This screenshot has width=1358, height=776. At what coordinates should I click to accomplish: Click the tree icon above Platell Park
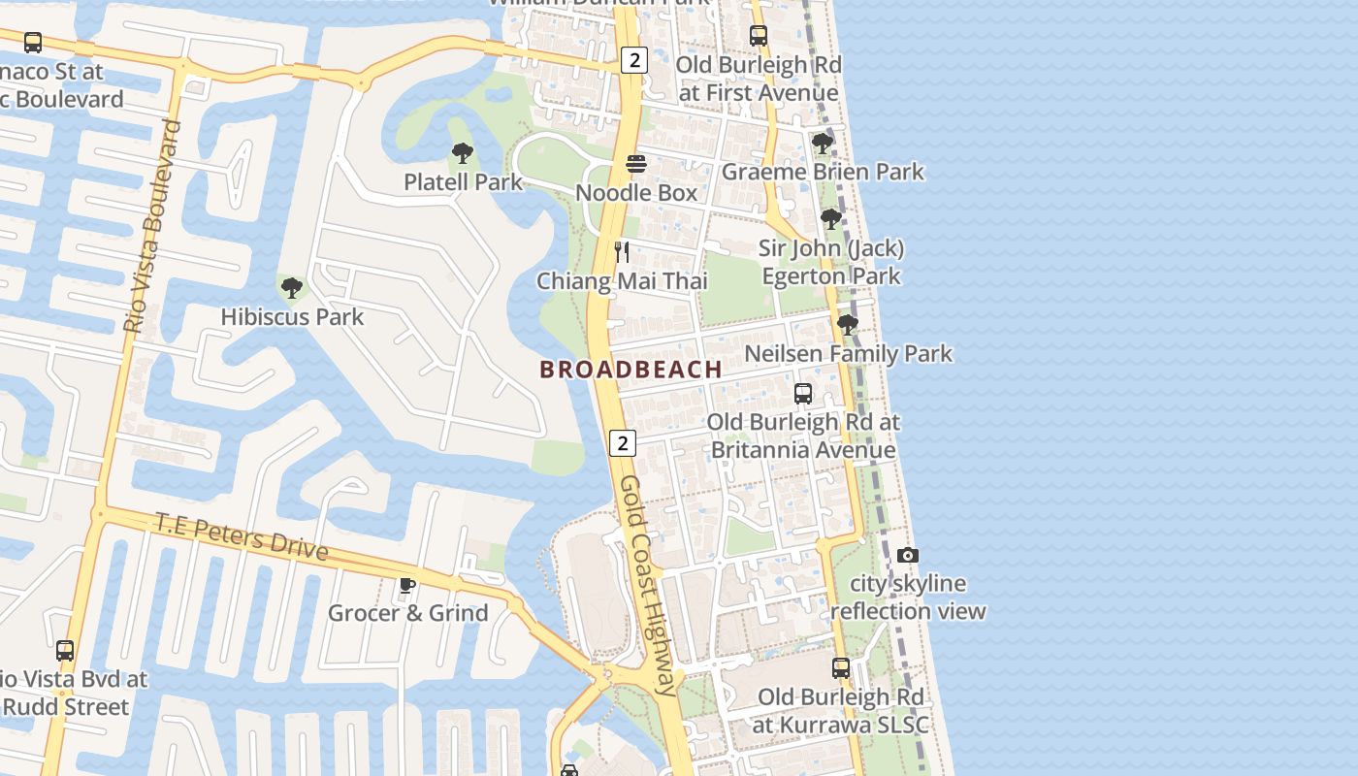[463, 152]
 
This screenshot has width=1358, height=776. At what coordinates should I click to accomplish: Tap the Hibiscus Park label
[292, 316]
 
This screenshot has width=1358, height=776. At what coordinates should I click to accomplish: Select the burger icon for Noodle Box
[636, 164]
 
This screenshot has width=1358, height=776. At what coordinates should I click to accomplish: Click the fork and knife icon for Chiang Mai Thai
[622, 252]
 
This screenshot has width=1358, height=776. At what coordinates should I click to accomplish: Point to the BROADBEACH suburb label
[630, 370]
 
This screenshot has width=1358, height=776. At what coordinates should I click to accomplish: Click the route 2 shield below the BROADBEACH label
[622, 443]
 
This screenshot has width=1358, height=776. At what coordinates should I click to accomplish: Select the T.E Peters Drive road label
[242, 535]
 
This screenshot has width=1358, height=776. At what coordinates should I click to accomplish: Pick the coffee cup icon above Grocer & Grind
[407, 585]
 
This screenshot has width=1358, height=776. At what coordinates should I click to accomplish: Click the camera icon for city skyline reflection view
[908, 555]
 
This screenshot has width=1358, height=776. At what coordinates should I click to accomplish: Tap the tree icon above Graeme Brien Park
[823, 144]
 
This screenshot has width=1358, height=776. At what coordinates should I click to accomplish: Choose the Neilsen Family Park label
[848, 354]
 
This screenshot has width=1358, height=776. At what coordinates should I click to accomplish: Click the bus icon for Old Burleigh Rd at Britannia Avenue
[803, 394]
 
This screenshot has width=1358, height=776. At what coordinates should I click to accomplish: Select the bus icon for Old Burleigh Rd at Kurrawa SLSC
[841, 668]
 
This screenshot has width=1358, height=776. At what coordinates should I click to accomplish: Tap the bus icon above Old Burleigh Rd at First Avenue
[759, 36]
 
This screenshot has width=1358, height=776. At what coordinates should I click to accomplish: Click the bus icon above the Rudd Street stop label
[65, 651]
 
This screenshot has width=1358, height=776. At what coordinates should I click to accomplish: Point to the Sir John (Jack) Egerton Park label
[831, 262]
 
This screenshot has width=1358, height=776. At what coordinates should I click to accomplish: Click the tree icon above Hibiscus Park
[292, 288]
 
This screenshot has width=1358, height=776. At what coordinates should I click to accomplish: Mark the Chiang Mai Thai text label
[622, 281]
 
